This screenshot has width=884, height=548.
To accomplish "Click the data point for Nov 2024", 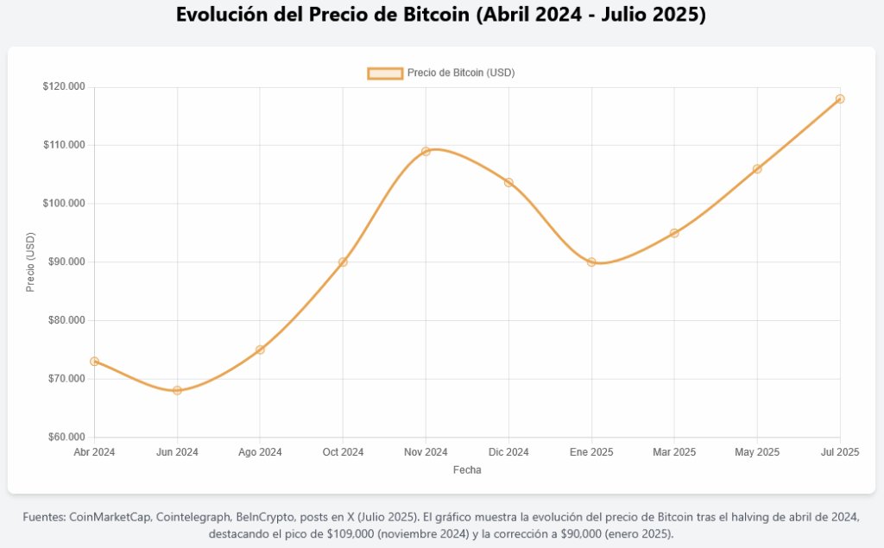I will [426, 151].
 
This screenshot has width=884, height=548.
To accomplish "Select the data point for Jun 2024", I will [177, 390].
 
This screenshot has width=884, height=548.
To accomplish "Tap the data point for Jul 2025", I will [840, 98].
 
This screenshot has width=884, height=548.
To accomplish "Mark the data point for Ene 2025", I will [591, 261].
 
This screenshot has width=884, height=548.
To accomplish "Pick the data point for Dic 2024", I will [508, 182].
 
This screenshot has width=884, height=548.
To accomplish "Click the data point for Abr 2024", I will [94, 361].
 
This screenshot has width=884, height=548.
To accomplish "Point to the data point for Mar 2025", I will [674, 233].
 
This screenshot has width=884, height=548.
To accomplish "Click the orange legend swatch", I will [385, 73].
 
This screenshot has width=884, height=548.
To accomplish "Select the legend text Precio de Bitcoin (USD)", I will [461, 73].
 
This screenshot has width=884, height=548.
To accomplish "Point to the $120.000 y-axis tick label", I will [63, 87].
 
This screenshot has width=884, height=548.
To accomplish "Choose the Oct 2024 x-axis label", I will [343, 452].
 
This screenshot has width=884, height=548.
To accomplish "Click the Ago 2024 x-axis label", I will [260, 452].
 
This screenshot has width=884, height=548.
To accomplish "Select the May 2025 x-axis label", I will [757, 452].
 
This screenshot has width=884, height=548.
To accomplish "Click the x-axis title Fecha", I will [467, 470].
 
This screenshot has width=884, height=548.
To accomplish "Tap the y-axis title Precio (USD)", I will [30, 262].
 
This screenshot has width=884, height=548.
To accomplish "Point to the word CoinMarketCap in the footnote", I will [110, 517].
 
